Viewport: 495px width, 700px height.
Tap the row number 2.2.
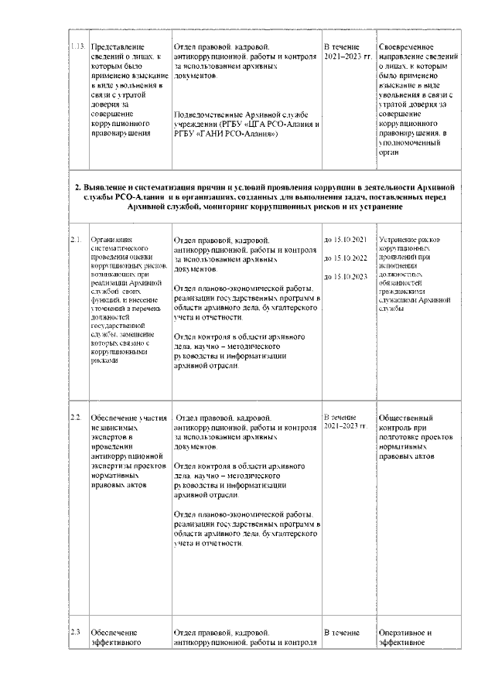(x=76, y=418)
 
